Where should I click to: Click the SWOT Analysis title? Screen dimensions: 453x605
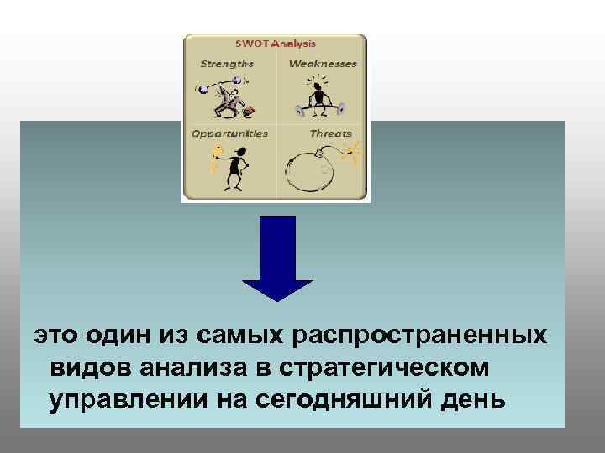[x=275, y=44]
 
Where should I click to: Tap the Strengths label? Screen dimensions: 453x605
[x=227, y=64]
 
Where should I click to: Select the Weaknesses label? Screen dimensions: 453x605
[x=323, y=64]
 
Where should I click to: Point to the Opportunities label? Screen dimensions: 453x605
[x=230, y=133]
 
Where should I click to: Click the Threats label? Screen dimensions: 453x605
[x=330, y=133]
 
